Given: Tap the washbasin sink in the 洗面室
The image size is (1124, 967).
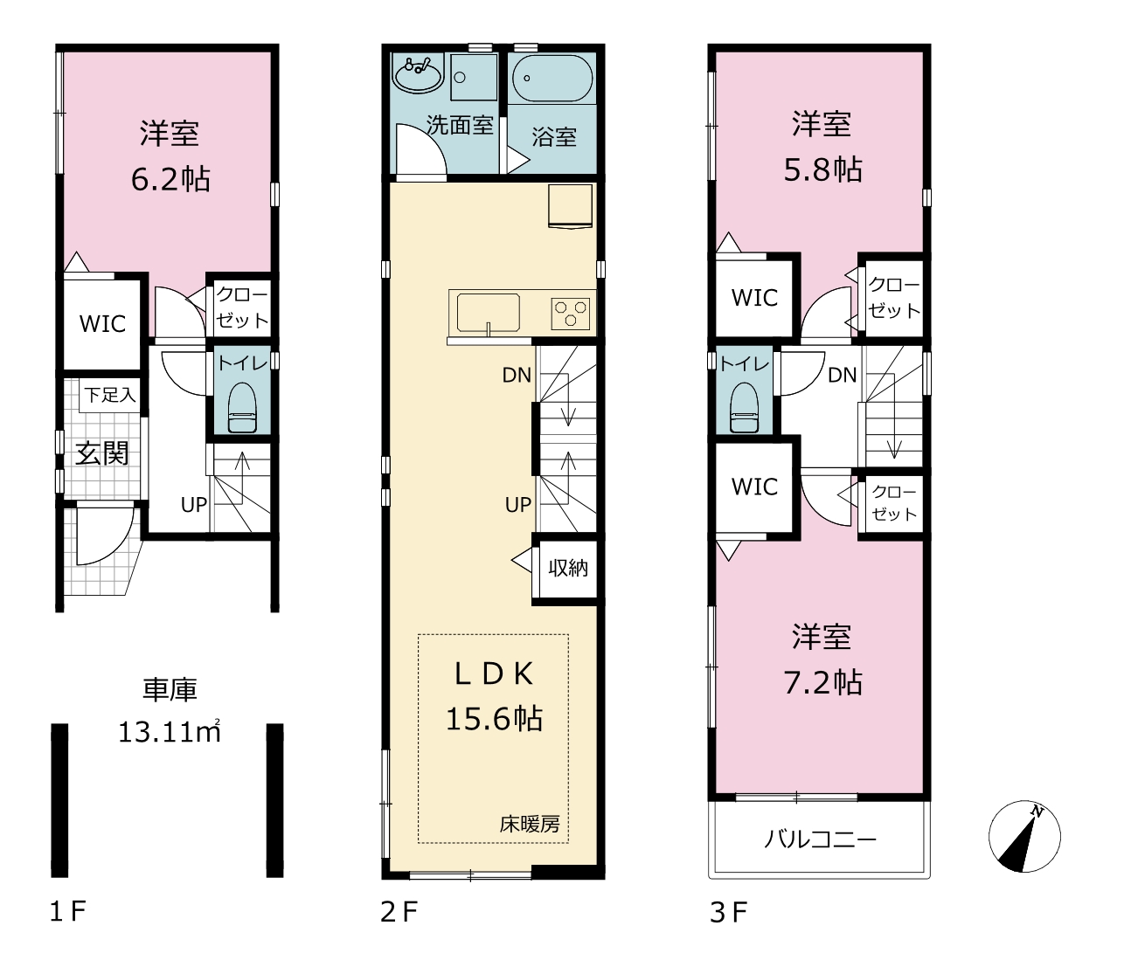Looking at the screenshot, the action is coord(418,74).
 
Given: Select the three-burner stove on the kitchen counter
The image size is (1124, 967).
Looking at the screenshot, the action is coord(570,314).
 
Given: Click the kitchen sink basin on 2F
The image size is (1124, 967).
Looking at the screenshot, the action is coord(488,313).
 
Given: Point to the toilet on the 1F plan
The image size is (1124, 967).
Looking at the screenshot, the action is coord(241,408).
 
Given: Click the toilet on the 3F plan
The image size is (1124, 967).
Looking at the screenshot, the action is coord(743,408).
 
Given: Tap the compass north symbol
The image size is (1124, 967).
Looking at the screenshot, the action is coord(1024,836).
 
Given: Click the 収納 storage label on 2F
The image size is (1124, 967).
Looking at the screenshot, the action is coord(568,568).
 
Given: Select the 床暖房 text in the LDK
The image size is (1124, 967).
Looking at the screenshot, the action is coord(530,825).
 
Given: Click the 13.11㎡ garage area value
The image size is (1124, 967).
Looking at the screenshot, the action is coord(169,732).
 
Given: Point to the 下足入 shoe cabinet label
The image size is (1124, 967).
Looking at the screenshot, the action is coord(109,394).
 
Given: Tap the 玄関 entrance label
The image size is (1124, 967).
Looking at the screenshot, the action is coord(101,453).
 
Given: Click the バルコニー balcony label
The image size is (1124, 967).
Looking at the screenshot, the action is coord(820,839).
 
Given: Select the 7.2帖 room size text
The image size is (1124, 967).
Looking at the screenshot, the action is coord(822,683).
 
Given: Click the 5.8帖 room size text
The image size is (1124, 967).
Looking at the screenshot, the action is coord(822,169).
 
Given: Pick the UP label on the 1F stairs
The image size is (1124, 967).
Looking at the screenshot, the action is coord(193,505).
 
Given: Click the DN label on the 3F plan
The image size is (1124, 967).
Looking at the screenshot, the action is coord(842,375).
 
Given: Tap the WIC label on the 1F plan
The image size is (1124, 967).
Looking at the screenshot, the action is coord(102,324).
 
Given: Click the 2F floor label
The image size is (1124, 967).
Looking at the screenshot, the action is coord(399,912).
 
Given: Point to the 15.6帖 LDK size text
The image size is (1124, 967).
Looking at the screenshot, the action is coord(494,719).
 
